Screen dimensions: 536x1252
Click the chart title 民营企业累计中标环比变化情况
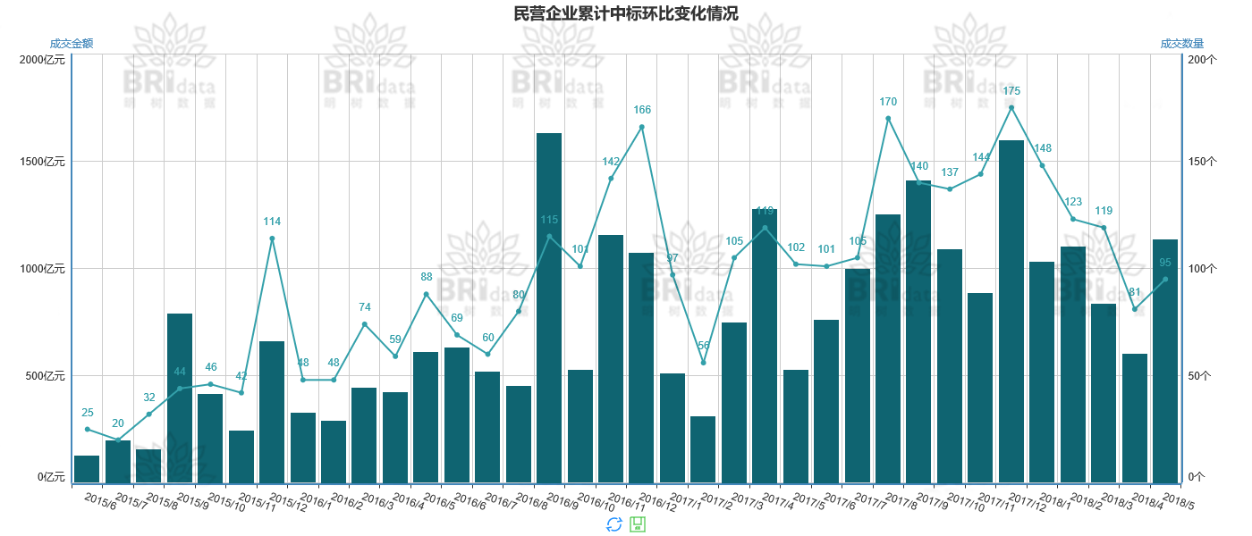coord(626,13)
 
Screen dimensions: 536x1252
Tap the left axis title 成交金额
coord(72,44)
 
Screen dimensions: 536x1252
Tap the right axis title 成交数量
coord(1181,44)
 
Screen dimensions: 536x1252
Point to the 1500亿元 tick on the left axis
coord(43,162)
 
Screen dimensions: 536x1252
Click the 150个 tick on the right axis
coord(1200,162)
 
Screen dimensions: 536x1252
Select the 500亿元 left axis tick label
coord(46,376)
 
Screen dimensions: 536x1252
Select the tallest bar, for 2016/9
coord(549,308)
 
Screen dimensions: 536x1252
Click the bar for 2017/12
coord(1011,312)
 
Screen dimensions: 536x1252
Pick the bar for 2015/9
coord(180,398)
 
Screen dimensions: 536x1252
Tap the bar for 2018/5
coord(1165,361)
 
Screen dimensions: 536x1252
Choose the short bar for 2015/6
coord(87,469)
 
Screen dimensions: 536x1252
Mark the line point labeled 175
coord(1011,108)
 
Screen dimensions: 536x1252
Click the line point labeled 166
coord(642,127)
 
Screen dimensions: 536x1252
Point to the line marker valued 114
coord(272,239)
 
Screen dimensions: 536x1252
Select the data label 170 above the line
coord(888,102)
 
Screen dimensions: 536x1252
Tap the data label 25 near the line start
coord(87,413)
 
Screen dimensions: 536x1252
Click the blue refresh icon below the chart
coord(613,524)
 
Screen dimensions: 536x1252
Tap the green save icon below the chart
coord(638,524)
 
